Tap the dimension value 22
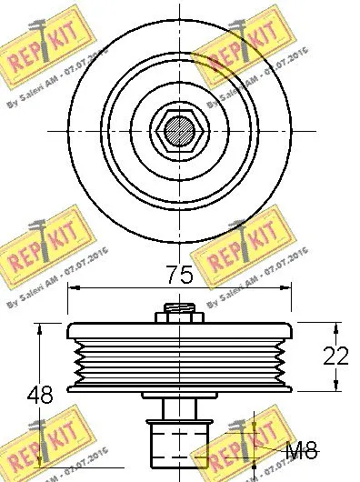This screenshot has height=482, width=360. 335,356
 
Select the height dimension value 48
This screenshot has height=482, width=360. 39,397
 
